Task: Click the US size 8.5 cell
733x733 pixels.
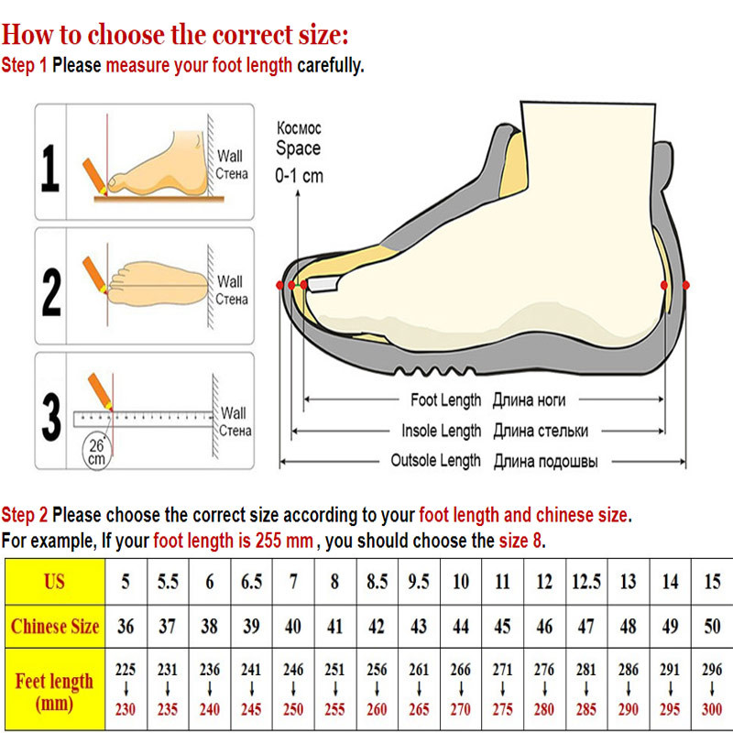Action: [x=377, y=582]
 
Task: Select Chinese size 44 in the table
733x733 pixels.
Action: [x=461, y=627]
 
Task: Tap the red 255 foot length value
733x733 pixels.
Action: [x=334, y=709]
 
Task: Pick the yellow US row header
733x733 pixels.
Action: [x=55, y=582]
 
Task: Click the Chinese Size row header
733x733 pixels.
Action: [x=55, y=627]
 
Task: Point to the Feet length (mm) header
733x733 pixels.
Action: [x=55, y=691]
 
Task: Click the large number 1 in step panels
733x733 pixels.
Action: [x=50, y=169]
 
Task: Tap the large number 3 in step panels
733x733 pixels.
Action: [x=51, y=417]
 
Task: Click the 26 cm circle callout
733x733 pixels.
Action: [x=97, y=452]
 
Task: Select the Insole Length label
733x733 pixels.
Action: [x=441, y=431]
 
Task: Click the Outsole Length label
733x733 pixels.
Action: [x=435, y=461]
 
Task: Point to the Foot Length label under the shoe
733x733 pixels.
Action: [x=445, y=400]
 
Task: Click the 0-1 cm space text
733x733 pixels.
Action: [x=300, y=176]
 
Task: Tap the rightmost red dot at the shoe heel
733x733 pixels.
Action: [x=685, y=285]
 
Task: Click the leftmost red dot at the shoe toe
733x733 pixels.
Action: [x=279, y=285]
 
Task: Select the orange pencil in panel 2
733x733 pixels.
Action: [x=94, y=274]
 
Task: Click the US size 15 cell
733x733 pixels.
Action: [x=712, y=582]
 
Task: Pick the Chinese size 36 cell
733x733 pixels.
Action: [x=126, y=627]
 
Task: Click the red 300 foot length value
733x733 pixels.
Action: [x=712, y=709]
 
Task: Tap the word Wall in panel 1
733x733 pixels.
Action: [x=230, y=156]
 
